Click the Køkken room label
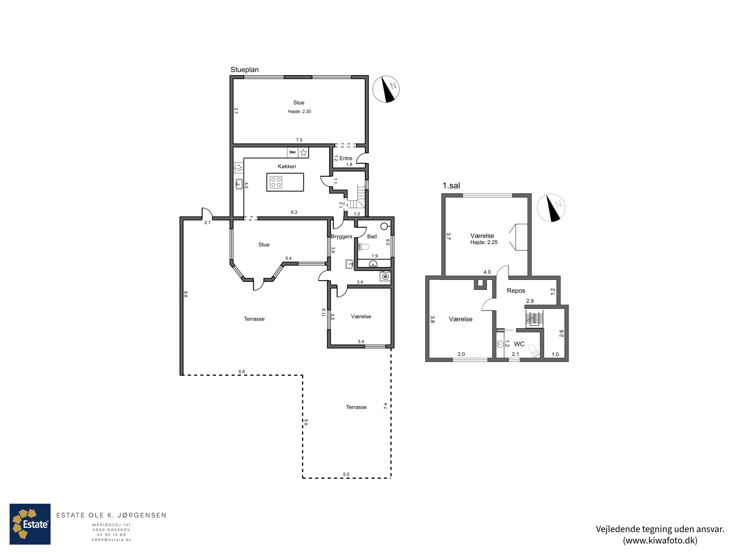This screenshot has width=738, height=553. click(x=287, y=166)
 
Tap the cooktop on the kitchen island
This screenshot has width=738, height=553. click(x=276, y=182)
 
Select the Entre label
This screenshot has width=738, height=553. click(x=346, y=158)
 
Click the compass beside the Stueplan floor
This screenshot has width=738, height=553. click(x=386, y=89)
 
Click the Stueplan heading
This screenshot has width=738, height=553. click(x=245, y=70)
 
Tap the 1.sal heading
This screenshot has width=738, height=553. click(x=451, y=186)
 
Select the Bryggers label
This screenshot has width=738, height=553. click(x=342, y=236)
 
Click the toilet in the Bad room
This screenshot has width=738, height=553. click(x=363, y=247)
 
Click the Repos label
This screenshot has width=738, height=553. click(x=516, y=291)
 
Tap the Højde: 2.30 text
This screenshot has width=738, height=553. click(x=299, y=111)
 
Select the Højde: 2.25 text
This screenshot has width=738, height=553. click(x=484, y=242)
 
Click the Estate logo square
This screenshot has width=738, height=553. click(x=30, y=524)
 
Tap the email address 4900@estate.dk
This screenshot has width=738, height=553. click(x=111, y=540)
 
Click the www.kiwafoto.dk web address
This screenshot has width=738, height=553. click(x=660, y=540)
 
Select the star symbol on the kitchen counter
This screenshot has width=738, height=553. click(x=303, y=153)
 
